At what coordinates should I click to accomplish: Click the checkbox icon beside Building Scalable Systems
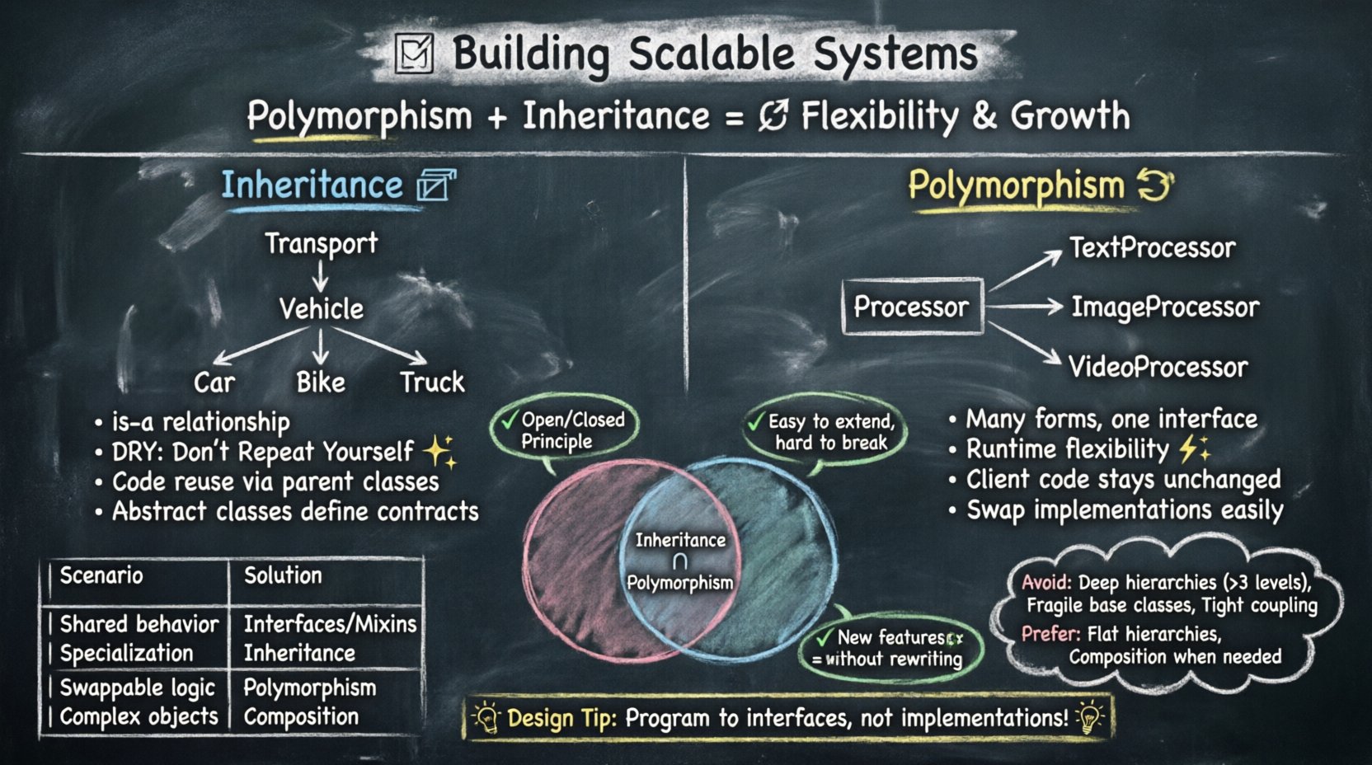click(x=414, y=54)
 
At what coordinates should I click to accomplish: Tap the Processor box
click(x=912, y=307)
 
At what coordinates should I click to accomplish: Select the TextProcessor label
click(x=1152, y=247)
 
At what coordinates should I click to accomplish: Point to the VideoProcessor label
click(x=1158, y=367)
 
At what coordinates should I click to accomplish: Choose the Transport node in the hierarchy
click(x=321, y=243)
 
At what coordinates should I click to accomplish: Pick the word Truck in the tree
click(x=432, y=382)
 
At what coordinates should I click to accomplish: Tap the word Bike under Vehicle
click(x=321, y=382)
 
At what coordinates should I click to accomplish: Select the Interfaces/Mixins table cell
click(x=330, y=624)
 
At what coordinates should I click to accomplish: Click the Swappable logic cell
click(x=138, y=688)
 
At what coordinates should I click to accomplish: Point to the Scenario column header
click(x=101, y=575)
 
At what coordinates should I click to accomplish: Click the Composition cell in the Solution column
click(x=301, y=716)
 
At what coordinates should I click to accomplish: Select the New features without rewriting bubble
click(x=889, y=648)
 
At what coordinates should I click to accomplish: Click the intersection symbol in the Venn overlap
click(x=680, y=562)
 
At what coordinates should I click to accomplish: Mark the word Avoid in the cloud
click(x=1046, y=582)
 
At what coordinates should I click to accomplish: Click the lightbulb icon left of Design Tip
click(x=486, y=717)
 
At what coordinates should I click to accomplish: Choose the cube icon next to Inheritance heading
click(x=435, y=185)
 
